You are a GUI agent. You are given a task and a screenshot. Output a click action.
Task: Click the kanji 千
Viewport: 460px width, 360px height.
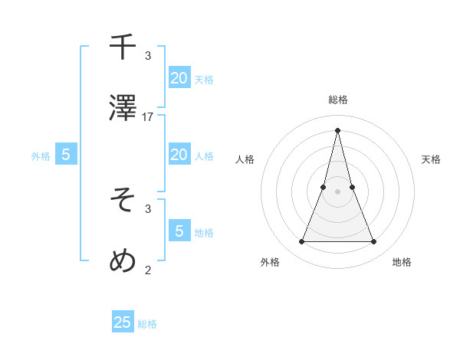123,47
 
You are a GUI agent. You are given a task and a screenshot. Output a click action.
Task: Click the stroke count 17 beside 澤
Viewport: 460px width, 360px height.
148,117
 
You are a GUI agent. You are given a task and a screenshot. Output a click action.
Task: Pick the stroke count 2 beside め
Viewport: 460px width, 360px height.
148,269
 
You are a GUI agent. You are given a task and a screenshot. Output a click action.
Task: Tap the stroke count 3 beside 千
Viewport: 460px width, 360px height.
148,56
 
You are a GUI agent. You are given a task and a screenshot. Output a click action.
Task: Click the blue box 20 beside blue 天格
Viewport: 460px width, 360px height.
179,77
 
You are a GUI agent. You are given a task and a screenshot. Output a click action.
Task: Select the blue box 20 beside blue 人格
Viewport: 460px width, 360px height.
179,155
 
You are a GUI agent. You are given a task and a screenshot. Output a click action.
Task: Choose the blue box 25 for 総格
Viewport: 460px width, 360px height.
123,322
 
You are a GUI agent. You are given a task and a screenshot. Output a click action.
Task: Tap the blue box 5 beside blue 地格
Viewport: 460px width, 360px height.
179,231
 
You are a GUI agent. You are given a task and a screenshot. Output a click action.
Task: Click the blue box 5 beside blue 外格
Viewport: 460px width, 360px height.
66,155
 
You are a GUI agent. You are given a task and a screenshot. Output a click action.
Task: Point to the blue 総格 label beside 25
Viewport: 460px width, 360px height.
147,324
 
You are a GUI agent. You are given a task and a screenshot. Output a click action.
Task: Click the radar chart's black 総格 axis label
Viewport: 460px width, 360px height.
337,100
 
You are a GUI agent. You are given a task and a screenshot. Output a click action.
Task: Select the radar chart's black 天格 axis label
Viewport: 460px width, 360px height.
431,159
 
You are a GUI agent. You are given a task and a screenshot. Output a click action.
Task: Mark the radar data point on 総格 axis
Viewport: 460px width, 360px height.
337,129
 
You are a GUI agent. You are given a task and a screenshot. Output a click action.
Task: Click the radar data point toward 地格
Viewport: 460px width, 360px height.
374,242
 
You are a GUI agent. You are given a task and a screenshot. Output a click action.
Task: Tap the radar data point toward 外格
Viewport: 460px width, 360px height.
301,242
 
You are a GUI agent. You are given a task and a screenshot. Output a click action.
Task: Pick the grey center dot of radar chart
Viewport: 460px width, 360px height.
337,191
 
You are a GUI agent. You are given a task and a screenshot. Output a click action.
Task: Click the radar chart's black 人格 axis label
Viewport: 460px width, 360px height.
245,159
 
